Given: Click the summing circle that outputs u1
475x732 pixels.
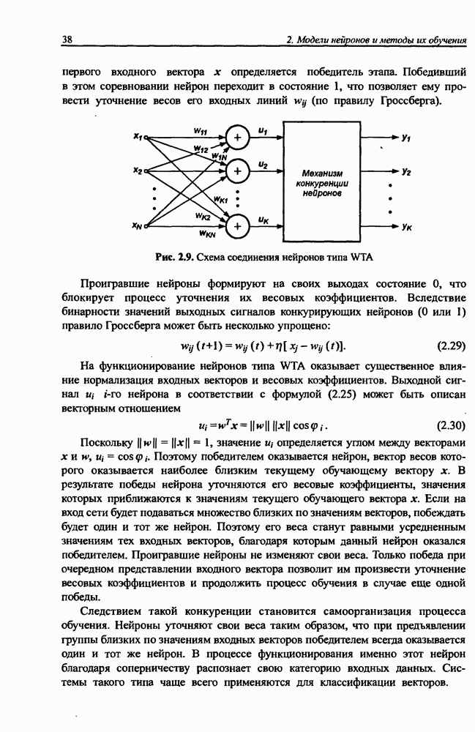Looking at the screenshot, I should click(x=236, y=137).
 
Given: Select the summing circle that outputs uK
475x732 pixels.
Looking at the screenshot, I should click(x=236, y=227).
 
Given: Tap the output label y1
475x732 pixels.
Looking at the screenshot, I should click(x=405, y=137).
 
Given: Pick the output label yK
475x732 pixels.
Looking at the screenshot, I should click(x=406, y=227).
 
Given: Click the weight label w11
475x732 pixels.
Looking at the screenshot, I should click(x=199, y=130).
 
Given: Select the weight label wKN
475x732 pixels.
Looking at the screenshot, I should click(x=207, y=234).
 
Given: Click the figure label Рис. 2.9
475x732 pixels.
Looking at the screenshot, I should click(x=173, y=258).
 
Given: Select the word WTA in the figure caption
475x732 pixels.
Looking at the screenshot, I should click(x=341, y=258).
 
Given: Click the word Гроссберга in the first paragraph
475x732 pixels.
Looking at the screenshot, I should click(x=414, y=100).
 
